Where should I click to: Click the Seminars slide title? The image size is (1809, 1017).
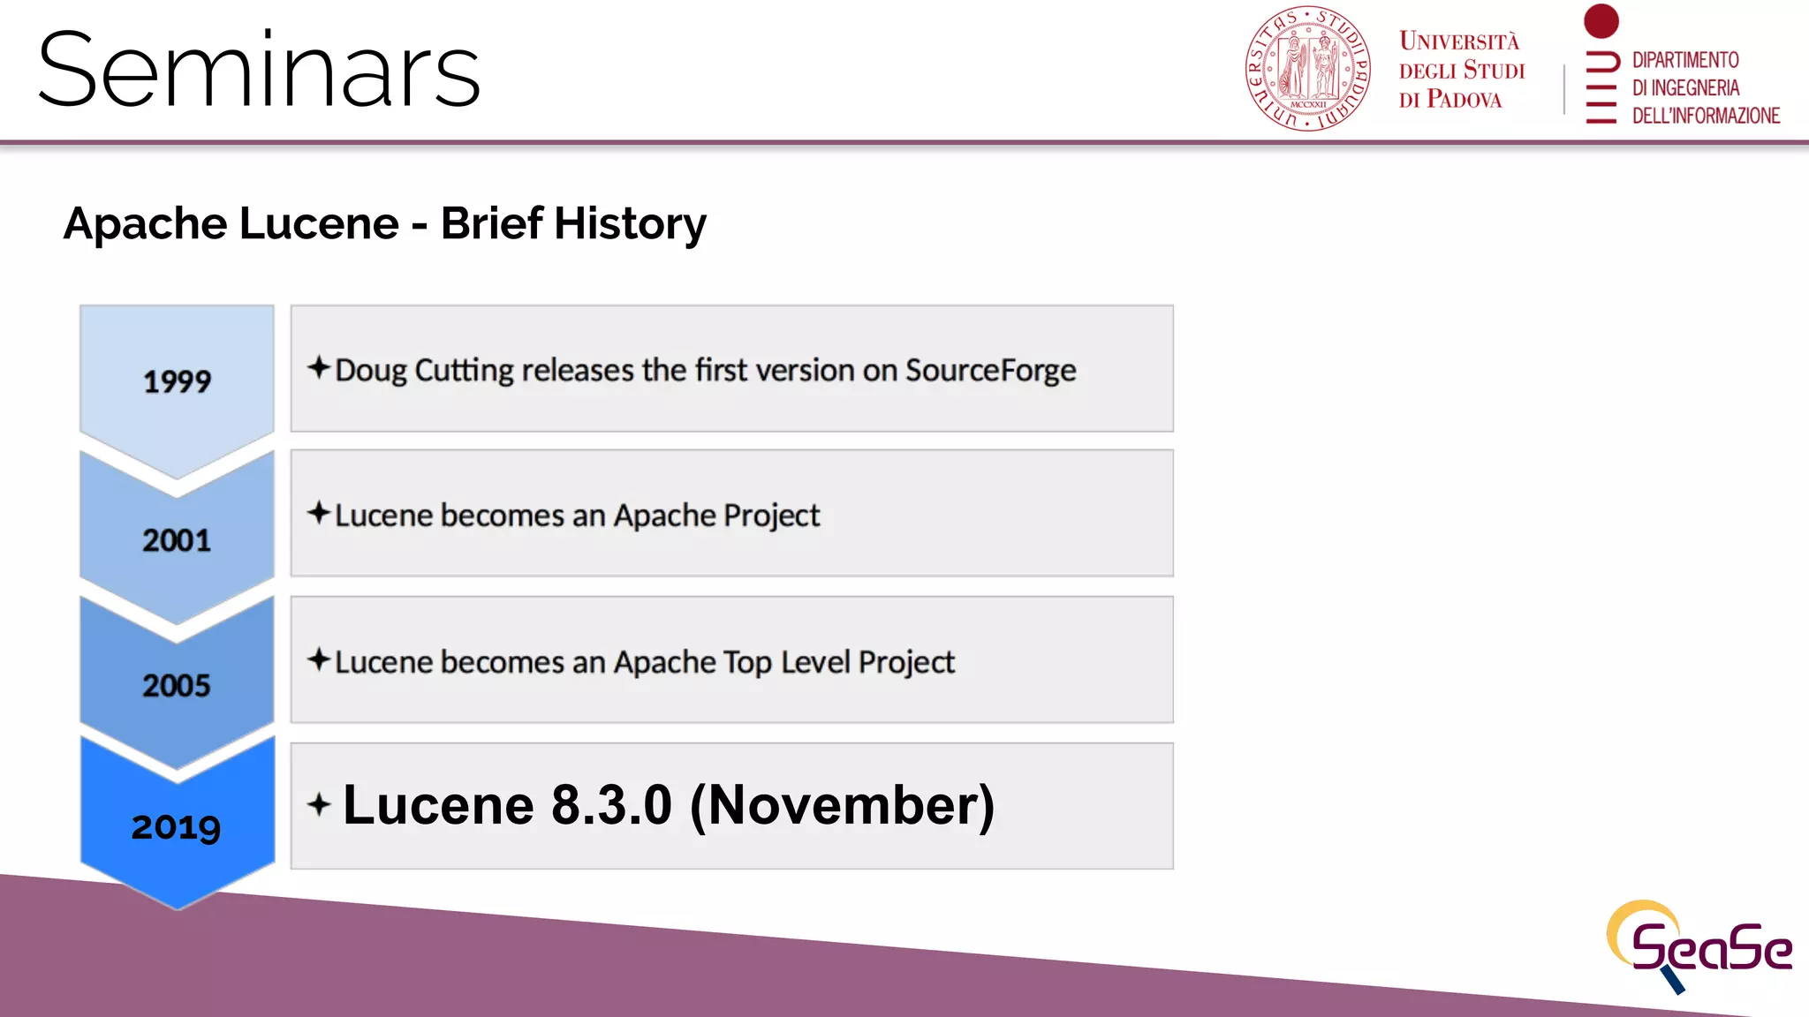259,71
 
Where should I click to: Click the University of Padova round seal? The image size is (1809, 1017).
1307,69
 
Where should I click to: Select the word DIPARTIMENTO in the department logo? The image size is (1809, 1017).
1684,60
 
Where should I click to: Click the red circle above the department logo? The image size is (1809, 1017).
1601,20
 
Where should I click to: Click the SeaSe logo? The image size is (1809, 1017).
1698,946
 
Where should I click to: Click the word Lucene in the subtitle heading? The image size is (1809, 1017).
319,223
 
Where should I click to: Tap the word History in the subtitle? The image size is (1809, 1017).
630,223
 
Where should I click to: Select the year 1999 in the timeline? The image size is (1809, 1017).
177,381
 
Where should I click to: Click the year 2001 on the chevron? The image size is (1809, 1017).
177,540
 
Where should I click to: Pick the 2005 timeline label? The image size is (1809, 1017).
177,686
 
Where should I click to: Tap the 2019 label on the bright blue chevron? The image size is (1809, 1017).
177,827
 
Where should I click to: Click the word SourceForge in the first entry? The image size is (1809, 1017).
990,371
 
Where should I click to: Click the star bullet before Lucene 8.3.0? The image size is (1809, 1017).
319,804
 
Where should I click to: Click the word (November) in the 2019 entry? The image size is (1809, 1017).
842,805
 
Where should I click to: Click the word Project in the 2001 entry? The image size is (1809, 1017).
771,516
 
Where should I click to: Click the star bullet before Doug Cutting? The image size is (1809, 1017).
319,367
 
